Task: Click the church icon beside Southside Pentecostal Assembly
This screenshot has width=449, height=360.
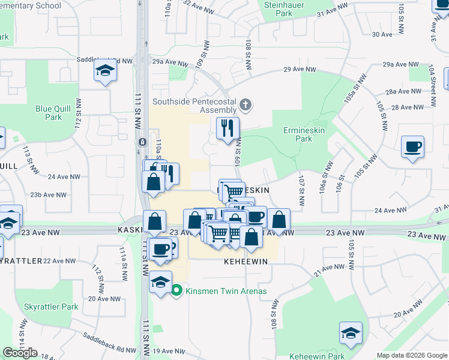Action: pyautogui.click(x=245, y=106)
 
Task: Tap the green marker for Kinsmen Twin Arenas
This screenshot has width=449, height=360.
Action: pyautogui.click(x=176, y=292)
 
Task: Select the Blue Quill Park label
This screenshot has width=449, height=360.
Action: pyautogui.click(x=49, y=113)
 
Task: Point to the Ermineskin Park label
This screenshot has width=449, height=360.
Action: pyautogui.click(x=298, y=134)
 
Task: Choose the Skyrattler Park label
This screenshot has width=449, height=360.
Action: pyautogui.click(x=51, y=307)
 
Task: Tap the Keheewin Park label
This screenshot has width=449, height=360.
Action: pyautogui.click(x=318, y=356)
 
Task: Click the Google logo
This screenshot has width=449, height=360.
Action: pyautogui.click(x=20, y=353)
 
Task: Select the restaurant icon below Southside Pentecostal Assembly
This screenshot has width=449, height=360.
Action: pyautogui.click(x=228, y=128)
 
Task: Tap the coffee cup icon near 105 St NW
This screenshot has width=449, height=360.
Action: pyautogui.click(x=413, y=147)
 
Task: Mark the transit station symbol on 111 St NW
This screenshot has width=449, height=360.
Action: pyautogui.click(x=142, y=142)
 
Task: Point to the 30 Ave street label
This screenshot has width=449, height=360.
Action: pyautogui.click(x=382, y=34)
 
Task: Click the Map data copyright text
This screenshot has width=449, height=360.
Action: pyautogui.click(x=411, y=355)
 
